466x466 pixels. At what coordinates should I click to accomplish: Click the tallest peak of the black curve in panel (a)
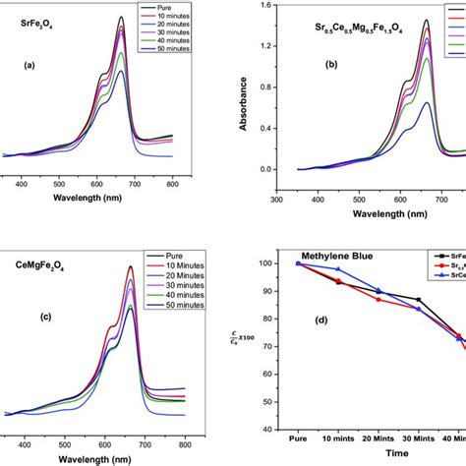[x=121, y=17]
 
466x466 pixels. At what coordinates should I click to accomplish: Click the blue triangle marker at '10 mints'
[x=336, y=269]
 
